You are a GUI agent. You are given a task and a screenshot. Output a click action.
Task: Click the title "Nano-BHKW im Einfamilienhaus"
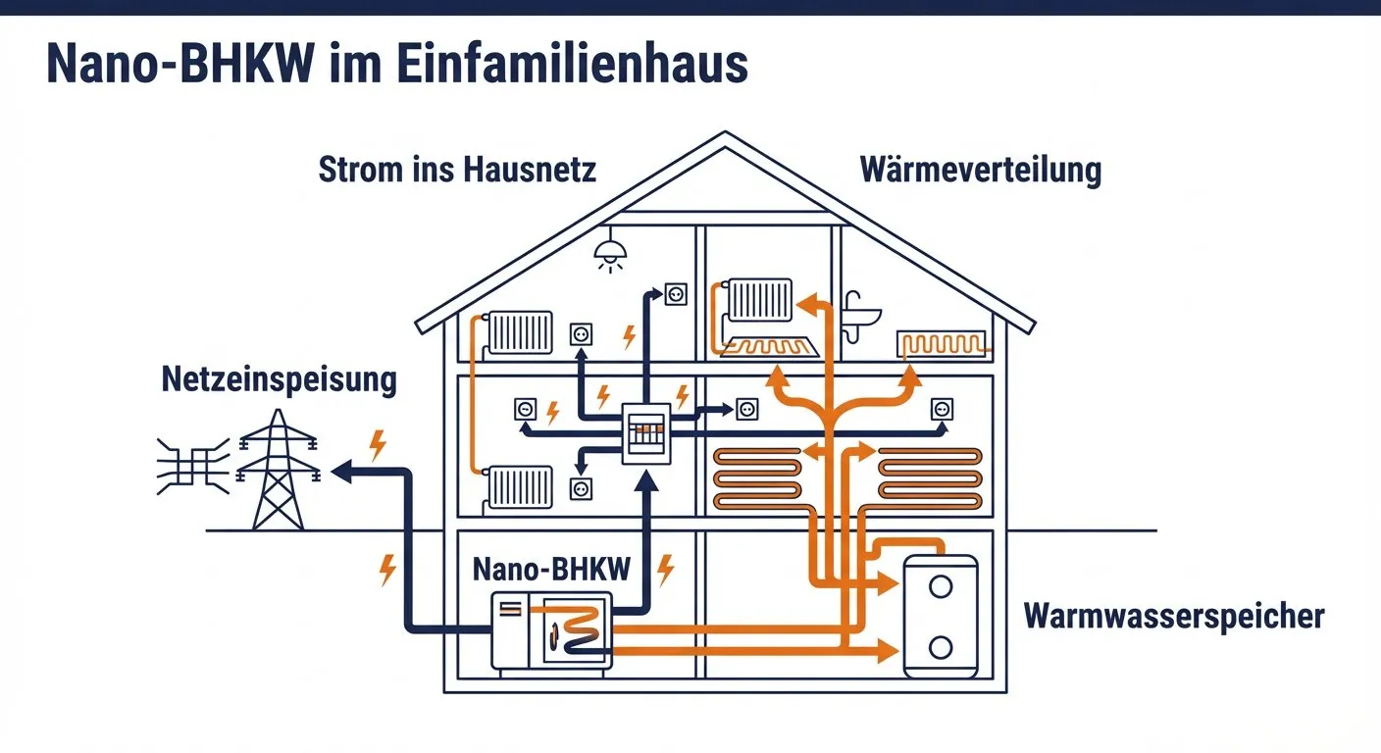point(397,65)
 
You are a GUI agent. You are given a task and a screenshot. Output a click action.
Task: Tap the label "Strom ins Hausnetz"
point(457,170)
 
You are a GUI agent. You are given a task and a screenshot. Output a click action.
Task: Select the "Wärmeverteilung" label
point(980,170)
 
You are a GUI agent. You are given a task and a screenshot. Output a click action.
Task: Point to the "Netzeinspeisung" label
point(280,379)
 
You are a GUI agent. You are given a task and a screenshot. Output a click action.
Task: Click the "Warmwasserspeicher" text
point(1174,617)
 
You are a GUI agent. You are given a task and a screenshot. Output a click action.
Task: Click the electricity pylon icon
point(279,470)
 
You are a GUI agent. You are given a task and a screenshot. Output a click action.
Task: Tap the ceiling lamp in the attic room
point(609,258)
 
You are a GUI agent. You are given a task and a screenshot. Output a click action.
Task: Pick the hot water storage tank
point(940,615)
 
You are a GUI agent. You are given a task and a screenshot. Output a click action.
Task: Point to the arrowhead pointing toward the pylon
point(341,473)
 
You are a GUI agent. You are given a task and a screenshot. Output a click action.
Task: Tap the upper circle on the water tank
point(941,586)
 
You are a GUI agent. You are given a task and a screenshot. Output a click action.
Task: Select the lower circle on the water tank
point(941,646)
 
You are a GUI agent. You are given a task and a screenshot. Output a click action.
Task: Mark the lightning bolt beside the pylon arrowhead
point(377,444)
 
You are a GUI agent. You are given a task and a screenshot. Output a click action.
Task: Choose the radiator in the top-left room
point(520,333)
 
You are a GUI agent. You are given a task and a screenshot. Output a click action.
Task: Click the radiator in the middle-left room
point(520,486)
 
